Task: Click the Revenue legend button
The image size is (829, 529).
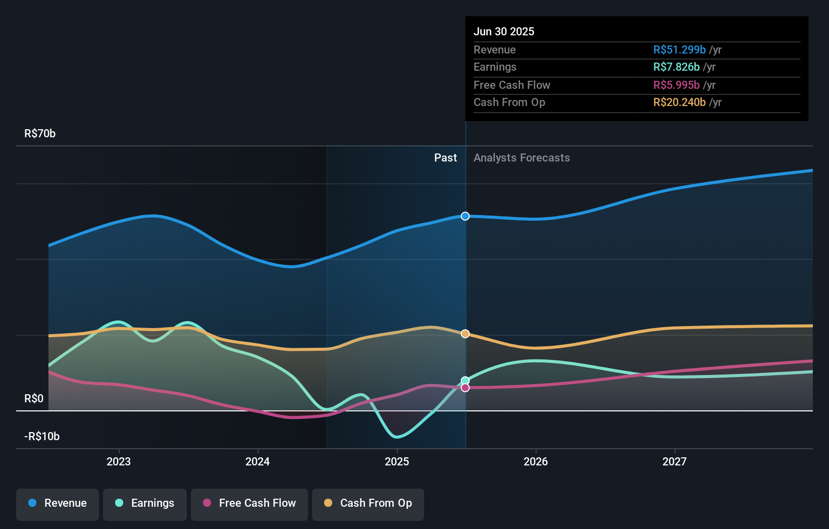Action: click(x=58, y=504)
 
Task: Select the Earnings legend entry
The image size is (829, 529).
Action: click(x=145, y=504)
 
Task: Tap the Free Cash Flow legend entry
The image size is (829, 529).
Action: click(x=249, y=504)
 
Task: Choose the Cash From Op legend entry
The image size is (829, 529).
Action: click(x=368, y=504)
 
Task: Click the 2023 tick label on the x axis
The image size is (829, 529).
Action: click(x=119, y=462)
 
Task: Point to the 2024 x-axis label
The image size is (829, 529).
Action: click(x=257, y=462)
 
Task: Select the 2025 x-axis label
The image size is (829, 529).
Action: click(x=397, y=462)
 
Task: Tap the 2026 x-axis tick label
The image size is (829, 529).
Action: click(x=536, y=462)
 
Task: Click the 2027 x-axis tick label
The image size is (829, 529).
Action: click(x=675, y=462)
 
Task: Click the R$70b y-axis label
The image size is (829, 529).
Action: click(x=40, y=134)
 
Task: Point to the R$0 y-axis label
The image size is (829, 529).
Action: click(x=34, y=399)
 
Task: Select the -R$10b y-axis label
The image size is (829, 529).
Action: click(x=42, y=437)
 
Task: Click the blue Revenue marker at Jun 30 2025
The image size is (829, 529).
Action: click(x=465, y=216)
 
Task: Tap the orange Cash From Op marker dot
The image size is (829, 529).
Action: click(x=465, y=334)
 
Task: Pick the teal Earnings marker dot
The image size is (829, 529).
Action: click(x=465, y=381)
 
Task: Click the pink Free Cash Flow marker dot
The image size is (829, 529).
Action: click(x=465, y=388)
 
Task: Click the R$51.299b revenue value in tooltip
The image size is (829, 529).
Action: click(x=679, y=50)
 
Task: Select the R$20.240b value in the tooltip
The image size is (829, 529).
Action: click(x=679, y=102)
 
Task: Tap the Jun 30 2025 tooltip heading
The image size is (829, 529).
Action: click(x=504, y=32)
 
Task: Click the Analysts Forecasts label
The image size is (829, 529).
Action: click(x=522, y=158)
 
